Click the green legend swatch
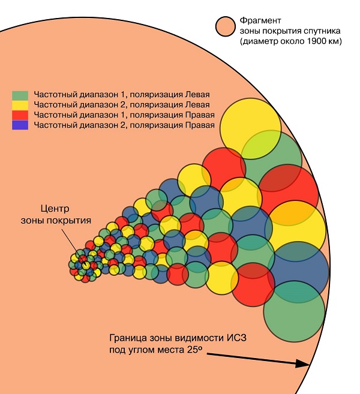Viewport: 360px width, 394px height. point(20,95)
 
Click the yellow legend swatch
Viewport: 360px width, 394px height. point(20,104)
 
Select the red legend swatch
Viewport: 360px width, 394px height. point(20,114)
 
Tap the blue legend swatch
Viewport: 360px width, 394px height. point(20,124)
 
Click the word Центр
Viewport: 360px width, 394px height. point(55,209)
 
